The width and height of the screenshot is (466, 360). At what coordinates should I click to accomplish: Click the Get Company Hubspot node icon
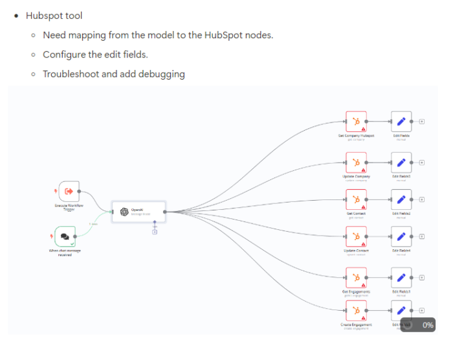click(x=356, y=121)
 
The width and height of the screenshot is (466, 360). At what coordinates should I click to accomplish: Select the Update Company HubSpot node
click(x=356, y=162)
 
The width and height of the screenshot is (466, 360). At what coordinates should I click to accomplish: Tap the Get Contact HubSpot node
click(x=356, y=199)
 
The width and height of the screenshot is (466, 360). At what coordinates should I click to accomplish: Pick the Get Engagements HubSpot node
click(x=356, y=277)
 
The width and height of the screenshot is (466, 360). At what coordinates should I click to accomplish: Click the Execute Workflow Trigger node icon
click(x=68, y=191)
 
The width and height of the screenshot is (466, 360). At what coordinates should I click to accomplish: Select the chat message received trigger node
click(x=65, y=236)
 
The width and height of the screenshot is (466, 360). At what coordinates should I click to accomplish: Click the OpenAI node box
click(x=138, y=211)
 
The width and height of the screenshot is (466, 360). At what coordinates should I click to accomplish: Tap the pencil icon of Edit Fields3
click(x=401, y=162)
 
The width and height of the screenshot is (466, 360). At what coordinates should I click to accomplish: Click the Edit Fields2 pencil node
click(x=401, y=199)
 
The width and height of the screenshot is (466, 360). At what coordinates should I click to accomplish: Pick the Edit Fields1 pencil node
click(x=401, y=277)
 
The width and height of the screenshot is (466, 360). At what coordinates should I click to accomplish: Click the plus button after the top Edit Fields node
click(x=422, y=121)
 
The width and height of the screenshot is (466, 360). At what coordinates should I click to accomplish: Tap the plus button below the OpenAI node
click(x=155, y=232)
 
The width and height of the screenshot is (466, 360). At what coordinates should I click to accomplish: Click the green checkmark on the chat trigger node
click(x=72, y=244)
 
